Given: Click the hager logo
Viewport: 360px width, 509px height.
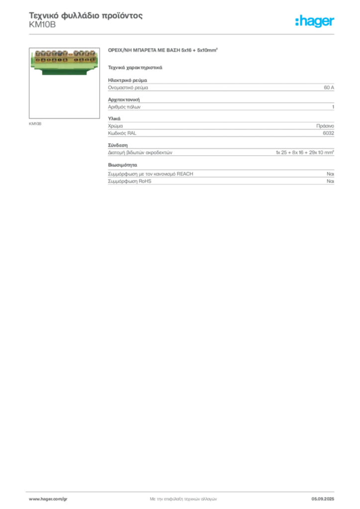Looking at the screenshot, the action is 314,21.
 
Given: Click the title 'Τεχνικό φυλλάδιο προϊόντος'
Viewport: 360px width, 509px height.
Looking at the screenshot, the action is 86,15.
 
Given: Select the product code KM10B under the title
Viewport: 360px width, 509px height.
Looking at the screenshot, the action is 42,25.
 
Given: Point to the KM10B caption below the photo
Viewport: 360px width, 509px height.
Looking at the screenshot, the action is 35,124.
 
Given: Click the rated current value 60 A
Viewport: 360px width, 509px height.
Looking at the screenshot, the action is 329,87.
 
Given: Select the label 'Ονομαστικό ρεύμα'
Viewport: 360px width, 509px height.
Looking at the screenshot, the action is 128,87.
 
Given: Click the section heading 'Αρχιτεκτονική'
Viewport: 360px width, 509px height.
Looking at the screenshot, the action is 124,99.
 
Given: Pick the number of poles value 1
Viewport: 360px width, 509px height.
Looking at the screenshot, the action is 333,107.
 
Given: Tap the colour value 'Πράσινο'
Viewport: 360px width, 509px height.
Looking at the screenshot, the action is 325,126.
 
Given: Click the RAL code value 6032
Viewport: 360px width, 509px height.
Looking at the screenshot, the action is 328,133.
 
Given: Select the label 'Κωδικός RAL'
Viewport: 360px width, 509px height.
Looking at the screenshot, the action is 122,133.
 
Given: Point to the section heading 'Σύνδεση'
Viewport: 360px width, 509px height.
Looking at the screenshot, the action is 118,145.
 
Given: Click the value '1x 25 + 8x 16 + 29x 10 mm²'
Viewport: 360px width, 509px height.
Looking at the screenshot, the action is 305,152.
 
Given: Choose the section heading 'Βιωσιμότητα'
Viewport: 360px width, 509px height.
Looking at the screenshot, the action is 122,165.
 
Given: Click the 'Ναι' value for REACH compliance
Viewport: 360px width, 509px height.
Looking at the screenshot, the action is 330,174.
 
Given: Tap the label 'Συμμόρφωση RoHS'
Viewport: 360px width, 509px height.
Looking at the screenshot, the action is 129,181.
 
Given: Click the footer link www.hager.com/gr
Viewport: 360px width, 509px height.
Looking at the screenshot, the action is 48,499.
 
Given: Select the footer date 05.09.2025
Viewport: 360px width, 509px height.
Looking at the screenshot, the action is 323,499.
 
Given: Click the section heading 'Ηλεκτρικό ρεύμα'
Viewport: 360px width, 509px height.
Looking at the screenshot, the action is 128,80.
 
